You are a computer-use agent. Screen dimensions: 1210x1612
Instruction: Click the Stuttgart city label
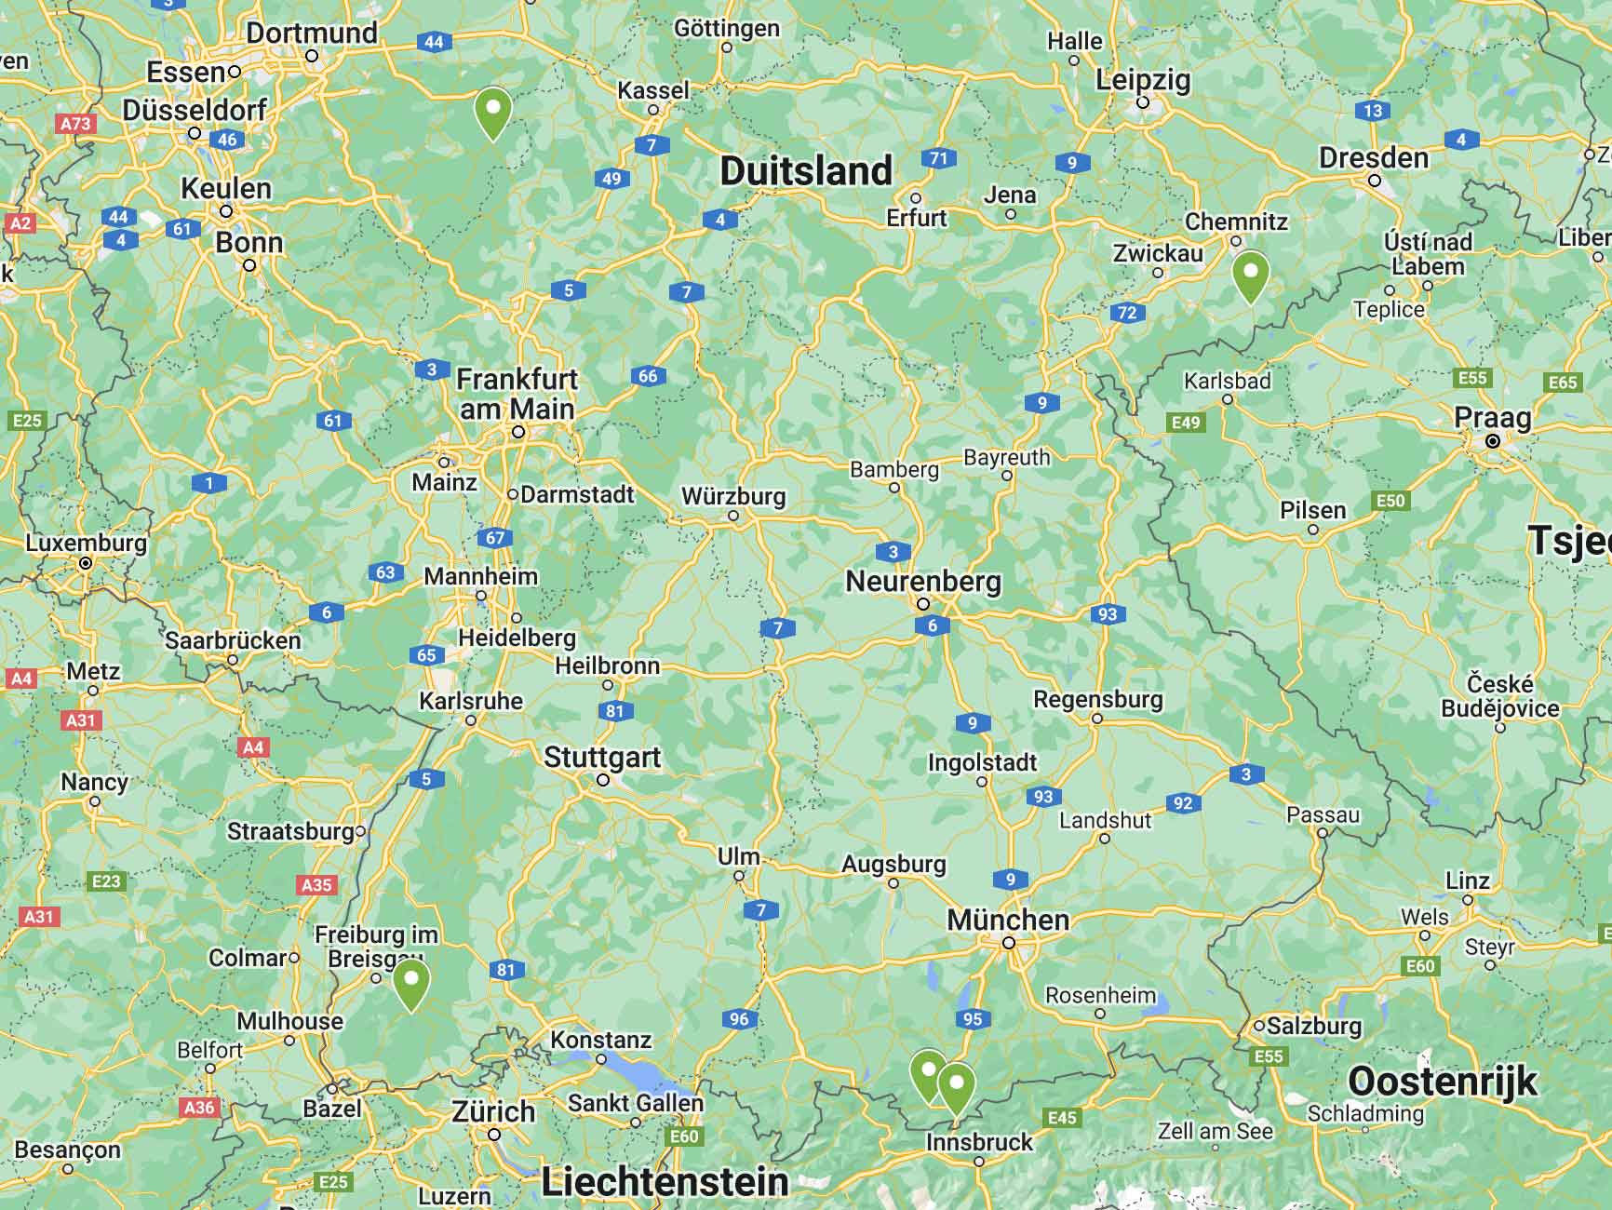(x=602, y=758)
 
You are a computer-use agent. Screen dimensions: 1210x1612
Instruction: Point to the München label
(x=1008, y=920)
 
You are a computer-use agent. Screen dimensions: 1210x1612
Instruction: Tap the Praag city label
(x=1492, y=418)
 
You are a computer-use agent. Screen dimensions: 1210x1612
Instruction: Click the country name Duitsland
(x=806, y=171)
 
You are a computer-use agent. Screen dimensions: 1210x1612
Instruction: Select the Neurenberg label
(x=923, y=582)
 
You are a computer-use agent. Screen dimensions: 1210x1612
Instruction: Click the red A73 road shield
(x=75, y=124)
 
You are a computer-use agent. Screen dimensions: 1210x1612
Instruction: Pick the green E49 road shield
(x=1186, y=423)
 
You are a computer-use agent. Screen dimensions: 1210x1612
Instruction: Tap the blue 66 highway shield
(x=648, y=376)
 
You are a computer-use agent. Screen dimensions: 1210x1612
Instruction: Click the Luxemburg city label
(x=86, y=543)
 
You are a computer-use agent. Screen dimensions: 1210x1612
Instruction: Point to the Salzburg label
(x=1313, y=1027)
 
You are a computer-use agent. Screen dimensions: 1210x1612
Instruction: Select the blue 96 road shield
(x=739, y=1019)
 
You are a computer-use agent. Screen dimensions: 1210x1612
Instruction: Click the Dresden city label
(x=1373, y=158)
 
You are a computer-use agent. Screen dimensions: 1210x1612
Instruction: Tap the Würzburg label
(x=733, y=496)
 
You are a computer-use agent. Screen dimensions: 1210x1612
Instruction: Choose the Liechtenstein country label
(x=665, y=1183)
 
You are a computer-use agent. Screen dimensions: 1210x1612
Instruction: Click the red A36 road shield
(x=199, y=1108)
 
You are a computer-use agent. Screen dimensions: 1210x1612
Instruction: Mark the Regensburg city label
(x=1097, y=699)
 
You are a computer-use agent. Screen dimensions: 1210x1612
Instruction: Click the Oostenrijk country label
(x=1443, y=1082)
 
